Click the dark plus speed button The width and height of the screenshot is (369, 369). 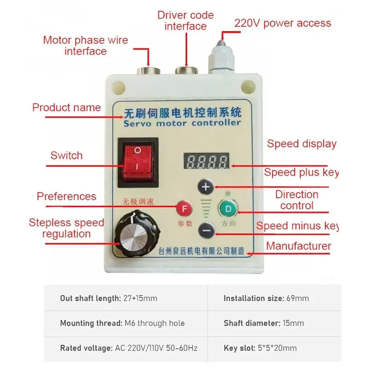click(x=206, y=187)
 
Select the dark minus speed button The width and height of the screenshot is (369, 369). click(x=206, y=231)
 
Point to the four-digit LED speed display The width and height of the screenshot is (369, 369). click(x=206, y=162)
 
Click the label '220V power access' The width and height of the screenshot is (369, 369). click(x=282, y=23)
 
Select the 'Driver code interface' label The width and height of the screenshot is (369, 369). click(x=185, y=21)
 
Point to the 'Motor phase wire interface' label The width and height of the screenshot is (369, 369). click(x=85, y=46)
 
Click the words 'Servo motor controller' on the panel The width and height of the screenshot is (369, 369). click(x=181, y=123)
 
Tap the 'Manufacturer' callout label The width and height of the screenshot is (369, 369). click(x=298, y=246)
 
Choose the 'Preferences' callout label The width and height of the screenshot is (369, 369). click(x=66, y=196)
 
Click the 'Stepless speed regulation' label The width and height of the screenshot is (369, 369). click(x=66, y=228)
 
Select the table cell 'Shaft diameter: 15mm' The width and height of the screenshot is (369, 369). click(x=264, y=323)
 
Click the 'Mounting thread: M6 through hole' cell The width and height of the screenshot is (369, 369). click(x=122, y=323)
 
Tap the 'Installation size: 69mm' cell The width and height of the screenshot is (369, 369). click(x=266, y=298)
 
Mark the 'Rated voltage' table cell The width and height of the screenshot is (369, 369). click(x=128, y=348)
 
